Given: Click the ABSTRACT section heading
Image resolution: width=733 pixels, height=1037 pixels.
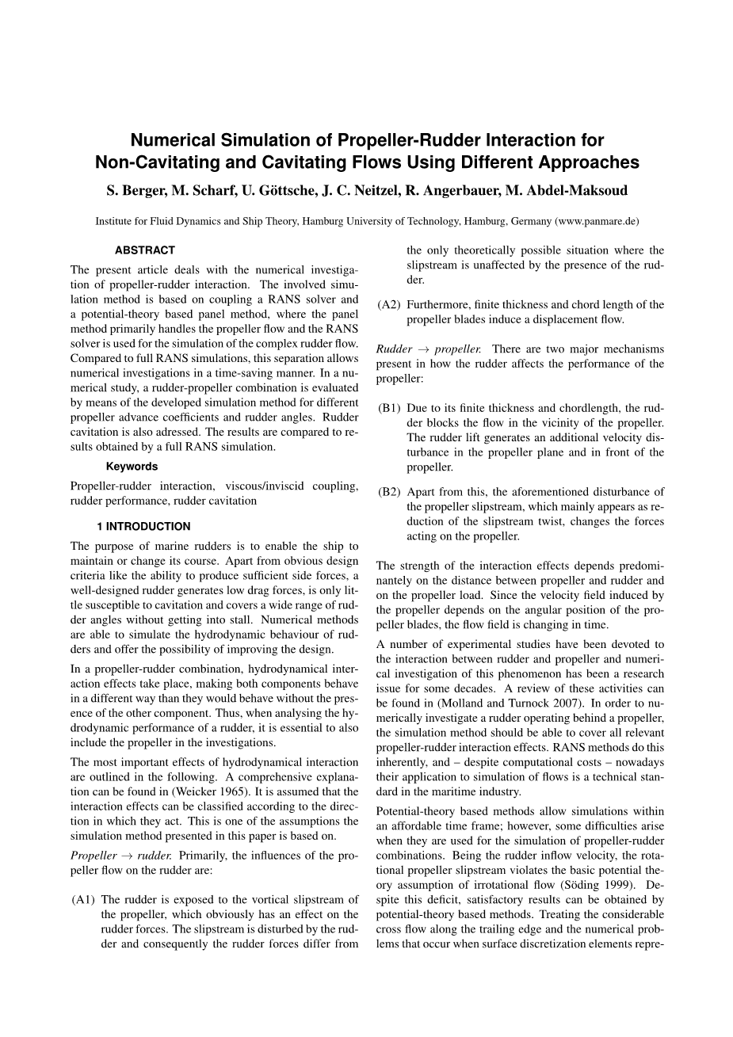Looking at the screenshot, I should (x=144, y=250).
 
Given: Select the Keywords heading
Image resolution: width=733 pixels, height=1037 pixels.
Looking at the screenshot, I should (x=132, y=467).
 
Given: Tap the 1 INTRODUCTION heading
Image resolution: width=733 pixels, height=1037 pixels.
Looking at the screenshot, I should (x=143, y=526).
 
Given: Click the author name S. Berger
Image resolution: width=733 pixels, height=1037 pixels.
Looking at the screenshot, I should (x=136, y=190).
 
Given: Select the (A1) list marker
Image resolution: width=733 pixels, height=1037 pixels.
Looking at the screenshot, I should (x=83, y=899).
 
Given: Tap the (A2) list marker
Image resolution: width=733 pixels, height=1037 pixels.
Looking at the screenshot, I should (x=389, y=305).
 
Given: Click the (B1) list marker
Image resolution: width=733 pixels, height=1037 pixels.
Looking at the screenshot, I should (x=389, y=408).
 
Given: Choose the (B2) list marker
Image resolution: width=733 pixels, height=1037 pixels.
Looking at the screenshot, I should (x=389, y=492).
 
